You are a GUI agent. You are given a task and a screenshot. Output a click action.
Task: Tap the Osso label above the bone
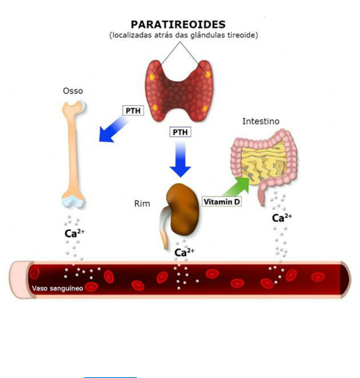[73, 91]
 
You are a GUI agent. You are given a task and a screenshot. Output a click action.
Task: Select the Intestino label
[261, 122]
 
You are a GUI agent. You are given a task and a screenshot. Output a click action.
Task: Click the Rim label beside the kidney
[142, 204]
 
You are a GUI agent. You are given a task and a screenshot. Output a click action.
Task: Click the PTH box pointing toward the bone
[133, 111]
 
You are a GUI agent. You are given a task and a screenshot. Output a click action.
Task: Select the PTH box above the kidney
[180, 132]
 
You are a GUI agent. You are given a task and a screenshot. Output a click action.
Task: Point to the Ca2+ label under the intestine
[282, 218]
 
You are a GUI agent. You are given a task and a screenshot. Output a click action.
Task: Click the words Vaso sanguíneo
[58, 288]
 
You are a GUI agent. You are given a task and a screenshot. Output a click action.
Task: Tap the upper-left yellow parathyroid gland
[152, 78]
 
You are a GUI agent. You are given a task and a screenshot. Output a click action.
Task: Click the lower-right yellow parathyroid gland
[204, 108]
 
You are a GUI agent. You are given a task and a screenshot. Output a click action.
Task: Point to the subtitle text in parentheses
[184, 36]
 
